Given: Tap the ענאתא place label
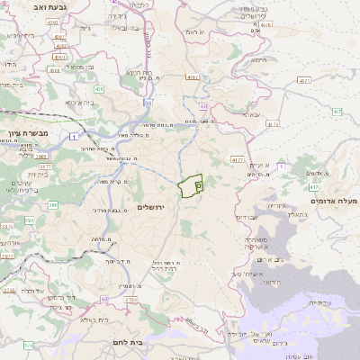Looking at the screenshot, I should tap(252, 114).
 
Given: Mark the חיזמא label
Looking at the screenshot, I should tap(258, 60).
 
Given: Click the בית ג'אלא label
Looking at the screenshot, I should tap(94, 319).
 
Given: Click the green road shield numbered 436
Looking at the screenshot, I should tap(99, 90).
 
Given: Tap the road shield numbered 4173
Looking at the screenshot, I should tap(273, 124).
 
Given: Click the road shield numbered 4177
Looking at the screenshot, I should tap(238, 160).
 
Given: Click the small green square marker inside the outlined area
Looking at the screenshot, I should tap(198, 184).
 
